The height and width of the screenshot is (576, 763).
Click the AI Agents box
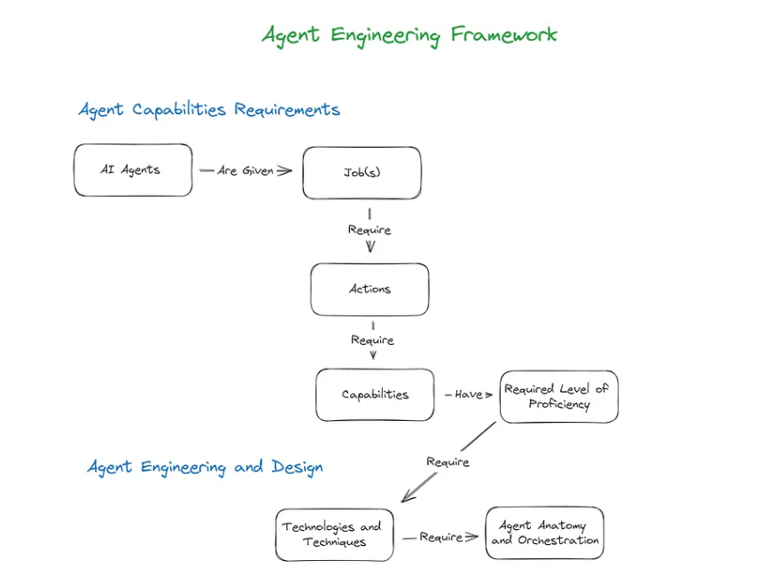click(x=133, y=170)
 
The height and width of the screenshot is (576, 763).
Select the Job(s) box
click(x=362, y=173)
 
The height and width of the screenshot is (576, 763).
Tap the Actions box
click(x=370, y=289)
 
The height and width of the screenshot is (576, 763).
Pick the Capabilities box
click(x=375, y=394)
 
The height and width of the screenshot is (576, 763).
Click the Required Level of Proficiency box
click(x=558, y=396)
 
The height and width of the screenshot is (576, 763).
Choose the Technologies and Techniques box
click(x=333, y=534)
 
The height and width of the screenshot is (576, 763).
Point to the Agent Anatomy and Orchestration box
click(x=544, y=533)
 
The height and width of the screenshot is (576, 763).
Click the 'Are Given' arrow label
click(x=245, y=170)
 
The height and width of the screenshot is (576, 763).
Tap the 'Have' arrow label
click(x=468, y=394)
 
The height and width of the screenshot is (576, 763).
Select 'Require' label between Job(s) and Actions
click(x=370, y=230)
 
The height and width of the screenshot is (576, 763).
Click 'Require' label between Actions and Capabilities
click(x=372, y=339)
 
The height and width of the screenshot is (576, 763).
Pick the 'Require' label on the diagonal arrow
click(x=448, y=462)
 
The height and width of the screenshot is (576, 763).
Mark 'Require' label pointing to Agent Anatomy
click(x=440, y=537)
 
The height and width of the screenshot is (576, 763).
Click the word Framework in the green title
click(x=503, y=35)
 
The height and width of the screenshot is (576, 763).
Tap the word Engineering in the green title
click(x=385, y=36)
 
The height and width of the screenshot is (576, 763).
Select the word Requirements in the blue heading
click(x=287, y=110)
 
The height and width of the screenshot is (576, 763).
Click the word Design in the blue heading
click(x=297, y=467)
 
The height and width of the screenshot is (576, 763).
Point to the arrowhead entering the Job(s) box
click(x=284, y=170)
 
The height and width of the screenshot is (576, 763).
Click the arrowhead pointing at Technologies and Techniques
click(x=406, y=498)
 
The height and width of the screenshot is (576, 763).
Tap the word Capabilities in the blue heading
click(x=181, y=110)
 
